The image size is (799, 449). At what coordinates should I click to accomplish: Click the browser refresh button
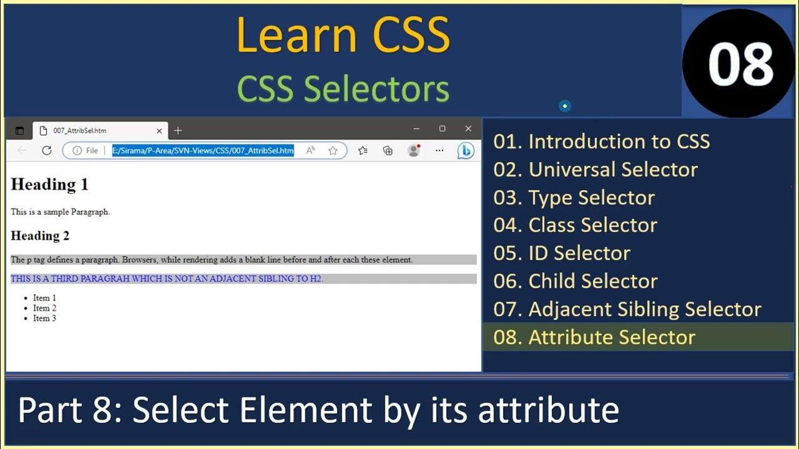[46, 150]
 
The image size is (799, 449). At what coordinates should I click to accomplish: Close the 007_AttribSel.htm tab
[159, 130]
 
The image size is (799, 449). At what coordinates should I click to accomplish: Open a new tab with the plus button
[178, 130]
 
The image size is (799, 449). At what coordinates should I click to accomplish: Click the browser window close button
[468, 128]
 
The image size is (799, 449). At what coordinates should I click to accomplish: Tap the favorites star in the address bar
[333, 150]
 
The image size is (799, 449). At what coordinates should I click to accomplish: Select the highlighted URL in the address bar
[203, 150]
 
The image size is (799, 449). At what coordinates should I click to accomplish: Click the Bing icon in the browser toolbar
[466, 150]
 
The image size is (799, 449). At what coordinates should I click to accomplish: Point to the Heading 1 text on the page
[49, 185]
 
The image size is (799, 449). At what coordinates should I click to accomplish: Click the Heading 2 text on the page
[40, 236]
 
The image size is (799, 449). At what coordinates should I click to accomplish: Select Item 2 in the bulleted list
[45, 308]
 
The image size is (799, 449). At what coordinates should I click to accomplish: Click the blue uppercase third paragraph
[167, 279]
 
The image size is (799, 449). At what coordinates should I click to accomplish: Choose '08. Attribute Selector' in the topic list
[594, 337]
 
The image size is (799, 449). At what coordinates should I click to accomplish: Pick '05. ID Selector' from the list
[562, 253]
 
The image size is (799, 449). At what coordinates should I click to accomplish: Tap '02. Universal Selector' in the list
[596, 170]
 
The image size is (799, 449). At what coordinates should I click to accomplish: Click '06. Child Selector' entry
[576, 281]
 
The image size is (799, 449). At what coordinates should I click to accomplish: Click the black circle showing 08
[740, 64]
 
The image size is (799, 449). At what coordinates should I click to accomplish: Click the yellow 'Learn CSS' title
[343, 35]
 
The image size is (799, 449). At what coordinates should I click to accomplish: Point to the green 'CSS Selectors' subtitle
[343, 89]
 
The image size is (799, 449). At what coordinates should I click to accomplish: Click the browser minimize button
[416, 128]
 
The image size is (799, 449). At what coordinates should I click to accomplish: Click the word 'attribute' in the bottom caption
[549, 410]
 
